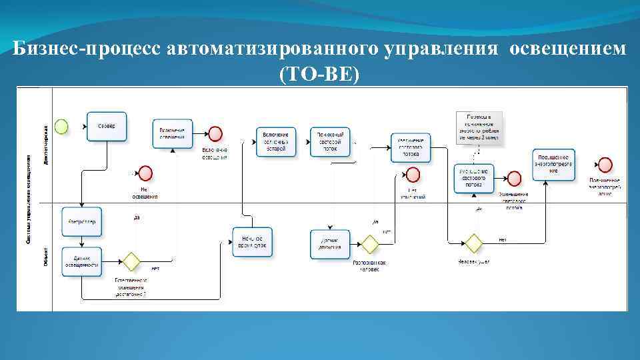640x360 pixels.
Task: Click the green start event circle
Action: click(x=62, y=126)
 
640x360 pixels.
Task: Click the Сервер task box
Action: click(x=106, y=126)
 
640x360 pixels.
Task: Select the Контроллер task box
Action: click(x=82, y=221)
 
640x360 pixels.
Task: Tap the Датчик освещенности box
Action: click(x=82, y=261)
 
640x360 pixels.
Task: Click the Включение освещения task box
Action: click(x=172, y=133)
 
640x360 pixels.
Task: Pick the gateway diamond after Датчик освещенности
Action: click(x=129, y=261)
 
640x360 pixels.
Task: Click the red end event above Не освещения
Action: click(x=145, y=173)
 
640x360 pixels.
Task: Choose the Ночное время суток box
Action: click(x=251, y=241)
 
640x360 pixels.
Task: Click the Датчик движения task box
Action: click(x=329, y=243)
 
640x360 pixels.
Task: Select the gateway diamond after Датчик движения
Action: click(x=368, y=243)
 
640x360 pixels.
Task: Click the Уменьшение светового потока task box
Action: click(x=474, y=177)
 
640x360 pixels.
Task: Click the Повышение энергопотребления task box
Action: click(x=553, y=164)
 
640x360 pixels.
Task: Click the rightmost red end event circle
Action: click(x=605, y=164)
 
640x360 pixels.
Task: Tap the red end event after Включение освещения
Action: click(x=215, y=133)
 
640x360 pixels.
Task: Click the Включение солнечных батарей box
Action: click(x=276, y=141)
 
